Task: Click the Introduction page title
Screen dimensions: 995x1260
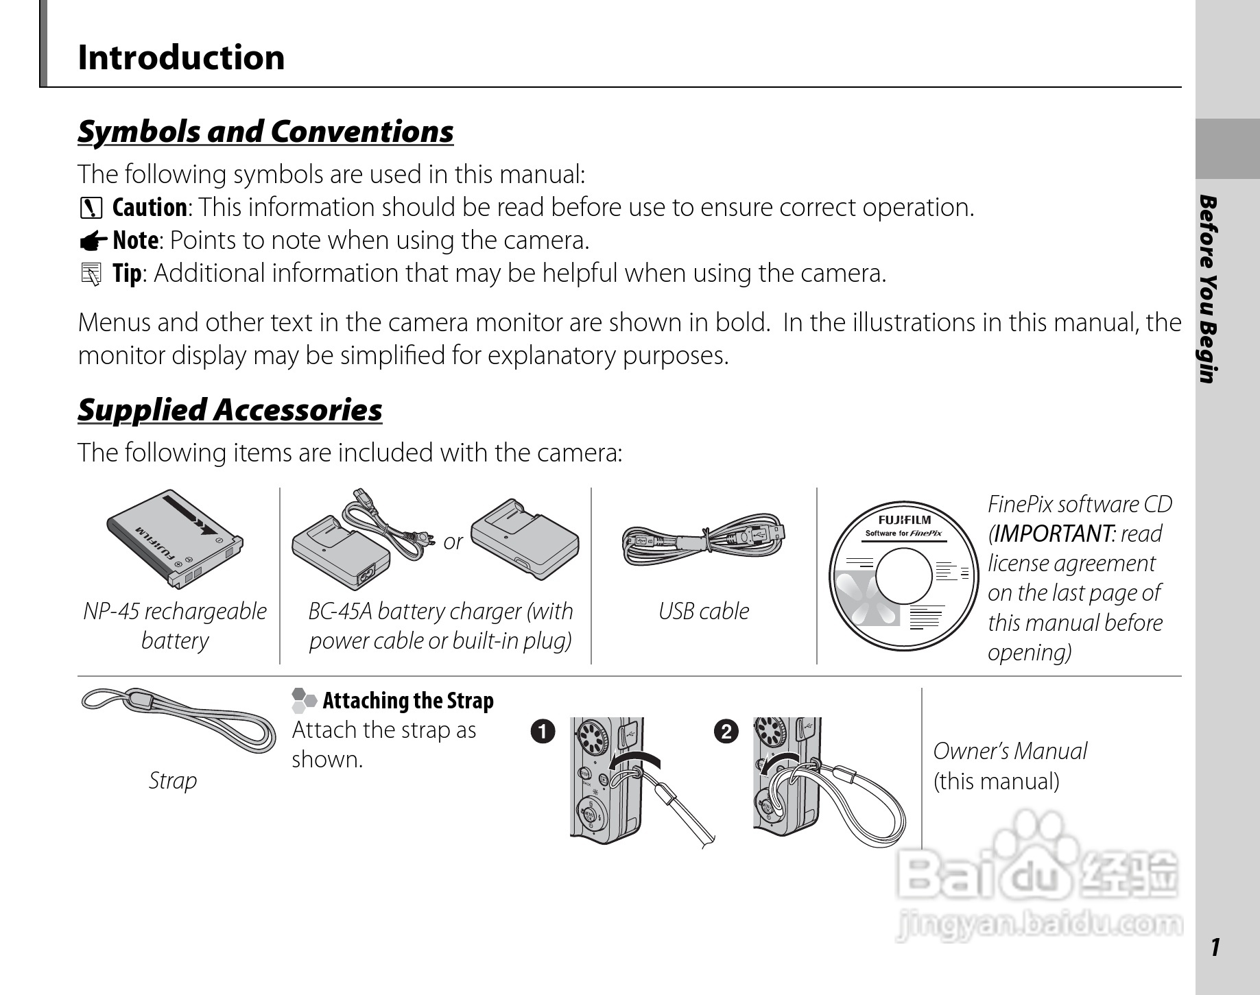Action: pyautogui.click(x=181, y=58)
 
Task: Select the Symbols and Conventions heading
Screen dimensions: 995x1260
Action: pyautogui.click(x=265, y=132)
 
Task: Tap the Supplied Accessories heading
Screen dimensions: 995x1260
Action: pyautogui.click(x=230, y=410)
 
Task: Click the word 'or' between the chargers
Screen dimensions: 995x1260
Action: pyautogui.click(x=453, y=542)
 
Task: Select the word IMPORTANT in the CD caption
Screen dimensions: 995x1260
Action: pyautogui.click(x=1053, y=534)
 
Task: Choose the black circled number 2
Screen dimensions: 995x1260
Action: pyautogui.click(x=726, y=732)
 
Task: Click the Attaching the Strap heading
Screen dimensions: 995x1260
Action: pyautogui.click(x=407, y=701)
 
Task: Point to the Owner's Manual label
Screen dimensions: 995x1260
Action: pyautogui.click(x=1010, y=752)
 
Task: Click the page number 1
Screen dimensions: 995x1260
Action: pyautogui.click(x=1215, y=948)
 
